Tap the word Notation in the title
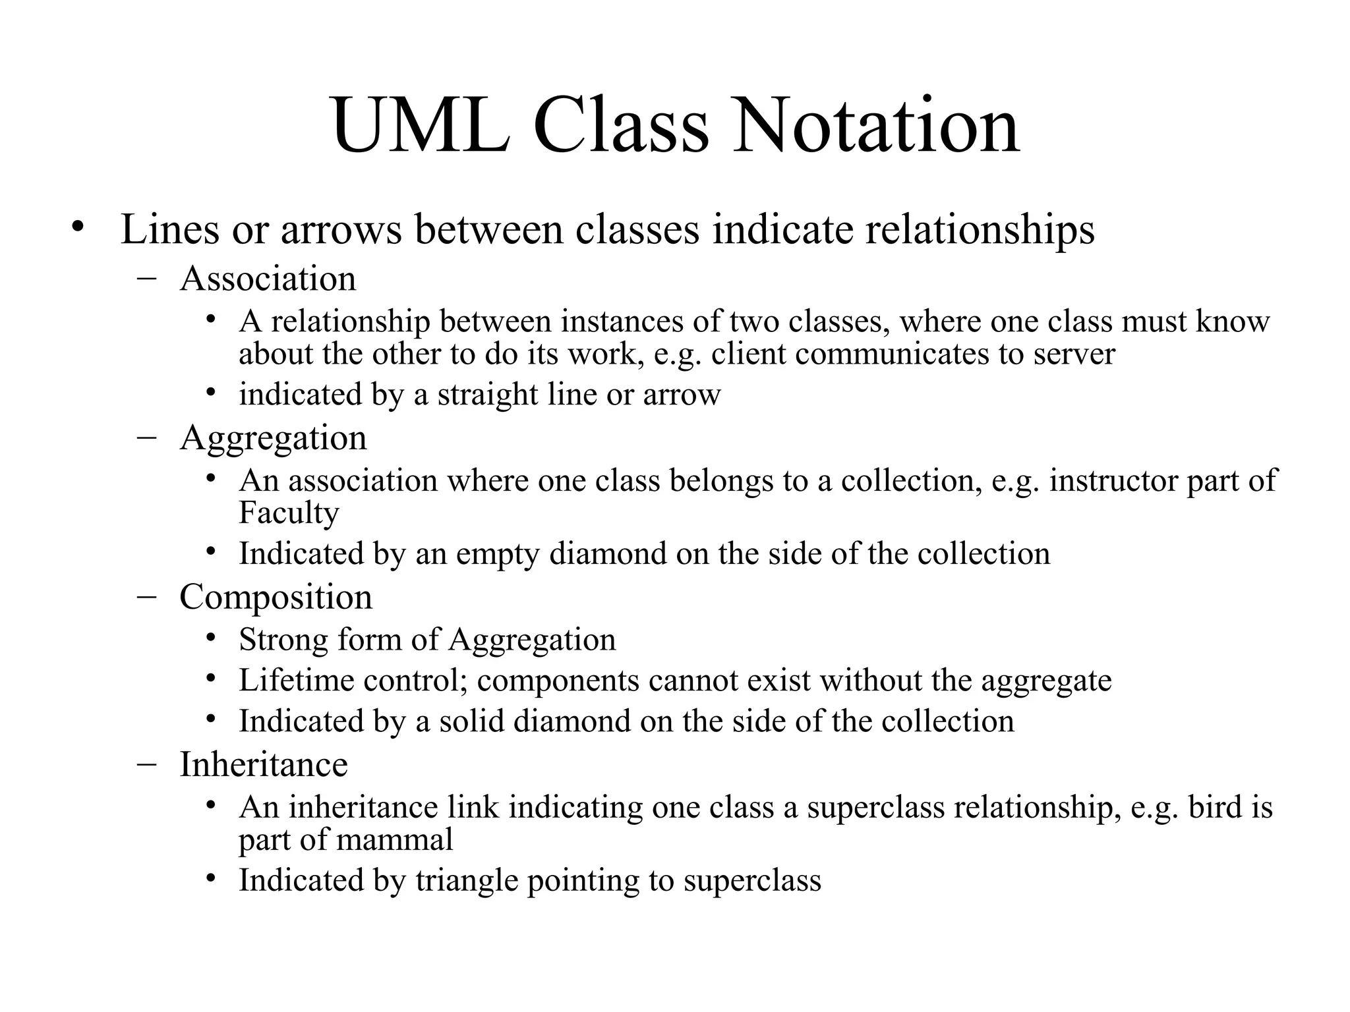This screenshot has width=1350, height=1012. click(x=877, y=125)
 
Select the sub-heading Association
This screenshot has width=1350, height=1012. click(x=268, y=279)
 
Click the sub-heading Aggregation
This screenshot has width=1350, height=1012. click(x=273, y=438)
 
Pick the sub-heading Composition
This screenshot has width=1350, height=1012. click(x=276, y=598)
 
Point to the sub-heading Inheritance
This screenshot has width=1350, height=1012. click(x=264, y=764)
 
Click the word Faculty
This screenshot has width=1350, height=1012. click(x=289, y=513)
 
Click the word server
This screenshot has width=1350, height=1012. click(x=1074, y=354)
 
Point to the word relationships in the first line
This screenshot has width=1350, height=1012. click(x=980, y=230)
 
